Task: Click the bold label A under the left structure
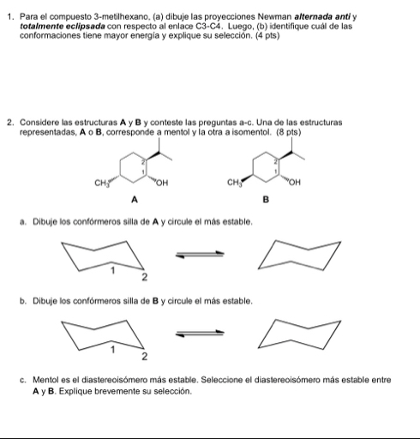tap(135, 201)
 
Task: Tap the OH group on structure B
tap(295, 183)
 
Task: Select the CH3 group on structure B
tap(234, 183)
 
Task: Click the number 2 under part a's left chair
tap(145, 278)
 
